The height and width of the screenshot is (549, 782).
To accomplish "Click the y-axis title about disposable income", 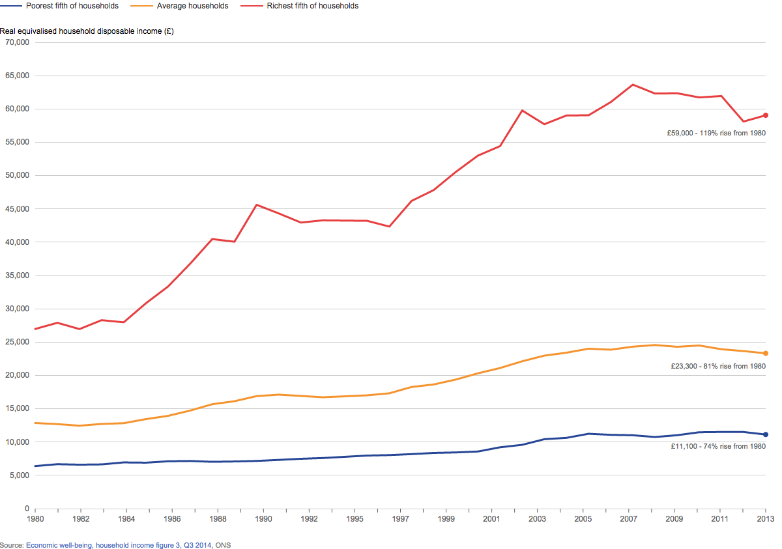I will [87, 31].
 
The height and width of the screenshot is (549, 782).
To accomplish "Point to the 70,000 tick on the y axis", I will [17, 42].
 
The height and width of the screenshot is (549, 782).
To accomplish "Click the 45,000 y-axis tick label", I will [17, 209].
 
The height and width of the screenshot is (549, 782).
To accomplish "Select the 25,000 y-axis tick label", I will [17, 342].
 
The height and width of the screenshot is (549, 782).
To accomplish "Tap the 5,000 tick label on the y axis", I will [19, 475].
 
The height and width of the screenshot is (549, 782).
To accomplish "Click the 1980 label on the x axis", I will [35, 519].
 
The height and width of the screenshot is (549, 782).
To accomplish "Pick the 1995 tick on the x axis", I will [355, 519].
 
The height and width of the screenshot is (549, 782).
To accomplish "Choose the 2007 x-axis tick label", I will [628, 519].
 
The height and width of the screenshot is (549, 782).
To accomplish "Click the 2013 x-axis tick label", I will [765, 519].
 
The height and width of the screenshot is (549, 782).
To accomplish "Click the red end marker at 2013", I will [766, 115].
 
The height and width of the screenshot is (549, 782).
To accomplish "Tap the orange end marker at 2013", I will [766, 353].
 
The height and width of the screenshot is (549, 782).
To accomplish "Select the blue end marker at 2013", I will [766, 434].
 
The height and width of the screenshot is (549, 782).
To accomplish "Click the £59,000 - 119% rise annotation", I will [716, 133].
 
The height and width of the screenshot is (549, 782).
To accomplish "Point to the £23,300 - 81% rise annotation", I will [717, 366].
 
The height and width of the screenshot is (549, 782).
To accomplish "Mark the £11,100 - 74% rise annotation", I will [717, 446].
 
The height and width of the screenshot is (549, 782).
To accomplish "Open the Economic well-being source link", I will [119, 545].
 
